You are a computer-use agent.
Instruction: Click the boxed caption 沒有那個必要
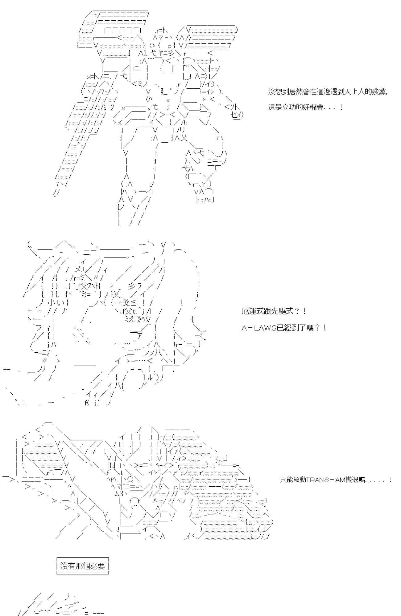pos(83,566)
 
